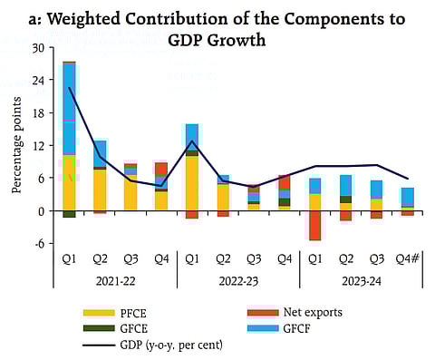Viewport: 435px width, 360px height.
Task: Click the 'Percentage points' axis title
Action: pyautogui.click(x=15, y=147)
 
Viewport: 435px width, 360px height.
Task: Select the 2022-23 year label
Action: pyautogui.click(x=236, y=281)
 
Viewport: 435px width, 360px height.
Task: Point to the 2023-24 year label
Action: pyautogui.click(x=360, y=281)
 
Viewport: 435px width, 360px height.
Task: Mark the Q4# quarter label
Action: pyautogui.click(x=408, y=259)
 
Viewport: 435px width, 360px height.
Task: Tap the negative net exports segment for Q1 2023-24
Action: pyautogui.click(x=314, y=226)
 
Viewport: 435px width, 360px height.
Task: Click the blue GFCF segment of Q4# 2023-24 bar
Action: pyautogui.click(x=408, y=197)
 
